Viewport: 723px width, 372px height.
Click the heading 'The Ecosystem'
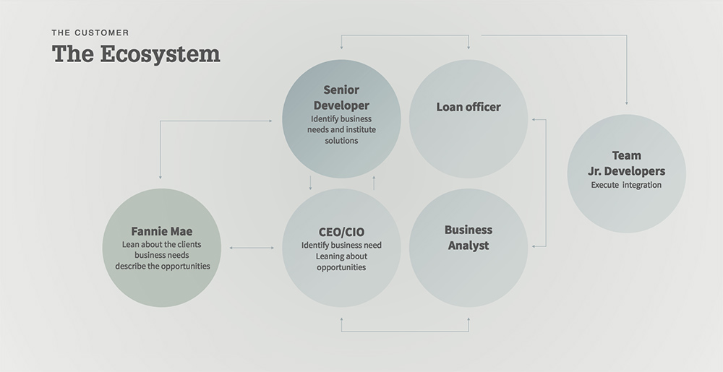click(136, 55)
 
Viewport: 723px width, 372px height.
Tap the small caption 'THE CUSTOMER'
click(90, 33)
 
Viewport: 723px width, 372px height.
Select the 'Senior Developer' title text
click(341, 98)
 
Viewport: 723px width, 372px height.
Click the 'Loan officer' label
click(469, 107)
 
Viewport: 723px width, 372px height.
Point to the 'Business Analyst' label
click(468, 238)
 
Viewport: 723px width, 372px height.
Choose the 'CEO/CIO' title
click(341, 232)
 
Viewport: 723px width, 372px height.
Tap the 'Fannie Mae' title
click(161, 232)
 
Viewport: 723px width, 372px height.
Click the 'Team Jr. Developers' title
click(626, 163)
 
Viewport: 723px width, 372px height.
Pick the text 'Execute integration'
click(626, 185)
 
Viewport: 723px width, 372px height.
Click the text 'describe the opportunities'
click(162, 266)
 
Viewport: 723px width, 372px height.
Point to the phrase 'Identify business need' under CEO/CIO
click(341, 246)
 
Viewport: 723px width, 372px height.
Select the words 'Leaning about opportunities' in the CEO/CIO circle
click(341, 262)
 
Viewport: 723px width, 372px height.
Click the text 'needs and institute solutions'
click(341, 135)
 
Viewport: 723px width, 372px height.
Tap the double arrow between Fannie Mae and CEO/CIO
click(252, 248)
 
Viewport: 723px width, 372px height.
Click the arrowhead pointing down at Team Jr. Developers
click(626, 102)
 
